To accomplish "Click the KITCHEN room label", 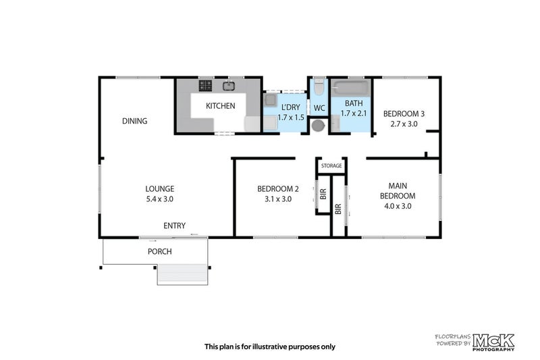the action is pos(221,106).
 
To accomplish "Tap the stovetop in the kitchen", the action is pos(205,86).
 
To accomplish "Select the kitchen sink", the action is pos(229,86).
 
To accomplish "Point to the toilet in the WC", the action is pos(319,87).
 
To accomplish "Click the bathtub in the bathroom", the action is pos(350,88).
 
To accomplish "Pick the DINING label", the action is pos(134,121).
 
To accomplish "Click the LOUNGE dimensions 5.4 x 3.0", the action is pos(159,199).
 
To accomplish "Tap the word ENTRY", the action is pos(174,226).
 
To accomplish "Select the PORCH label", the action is pos(160,251).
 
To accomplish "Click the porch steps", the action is pos(182,274).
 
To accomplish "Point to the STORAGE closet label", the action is pos(331,165).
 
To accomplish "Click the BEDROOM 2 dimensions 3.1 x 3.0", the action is pos(278,199).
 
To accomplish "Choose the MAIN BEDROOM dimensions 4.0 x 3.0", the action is pos(398,206).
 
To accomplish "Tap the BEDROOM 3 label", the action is pos(404,113).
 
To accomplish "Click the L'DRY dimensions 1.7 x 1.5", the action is pos(291,118).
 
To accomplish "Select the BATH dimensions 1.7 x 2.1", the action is pos(354,113).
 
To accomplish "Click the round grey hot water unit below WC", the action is pos(318,126).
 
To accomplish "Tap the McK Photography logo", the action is pos(493,342).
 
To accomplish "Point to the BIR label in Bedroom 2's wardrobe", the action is pos(323,195).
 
